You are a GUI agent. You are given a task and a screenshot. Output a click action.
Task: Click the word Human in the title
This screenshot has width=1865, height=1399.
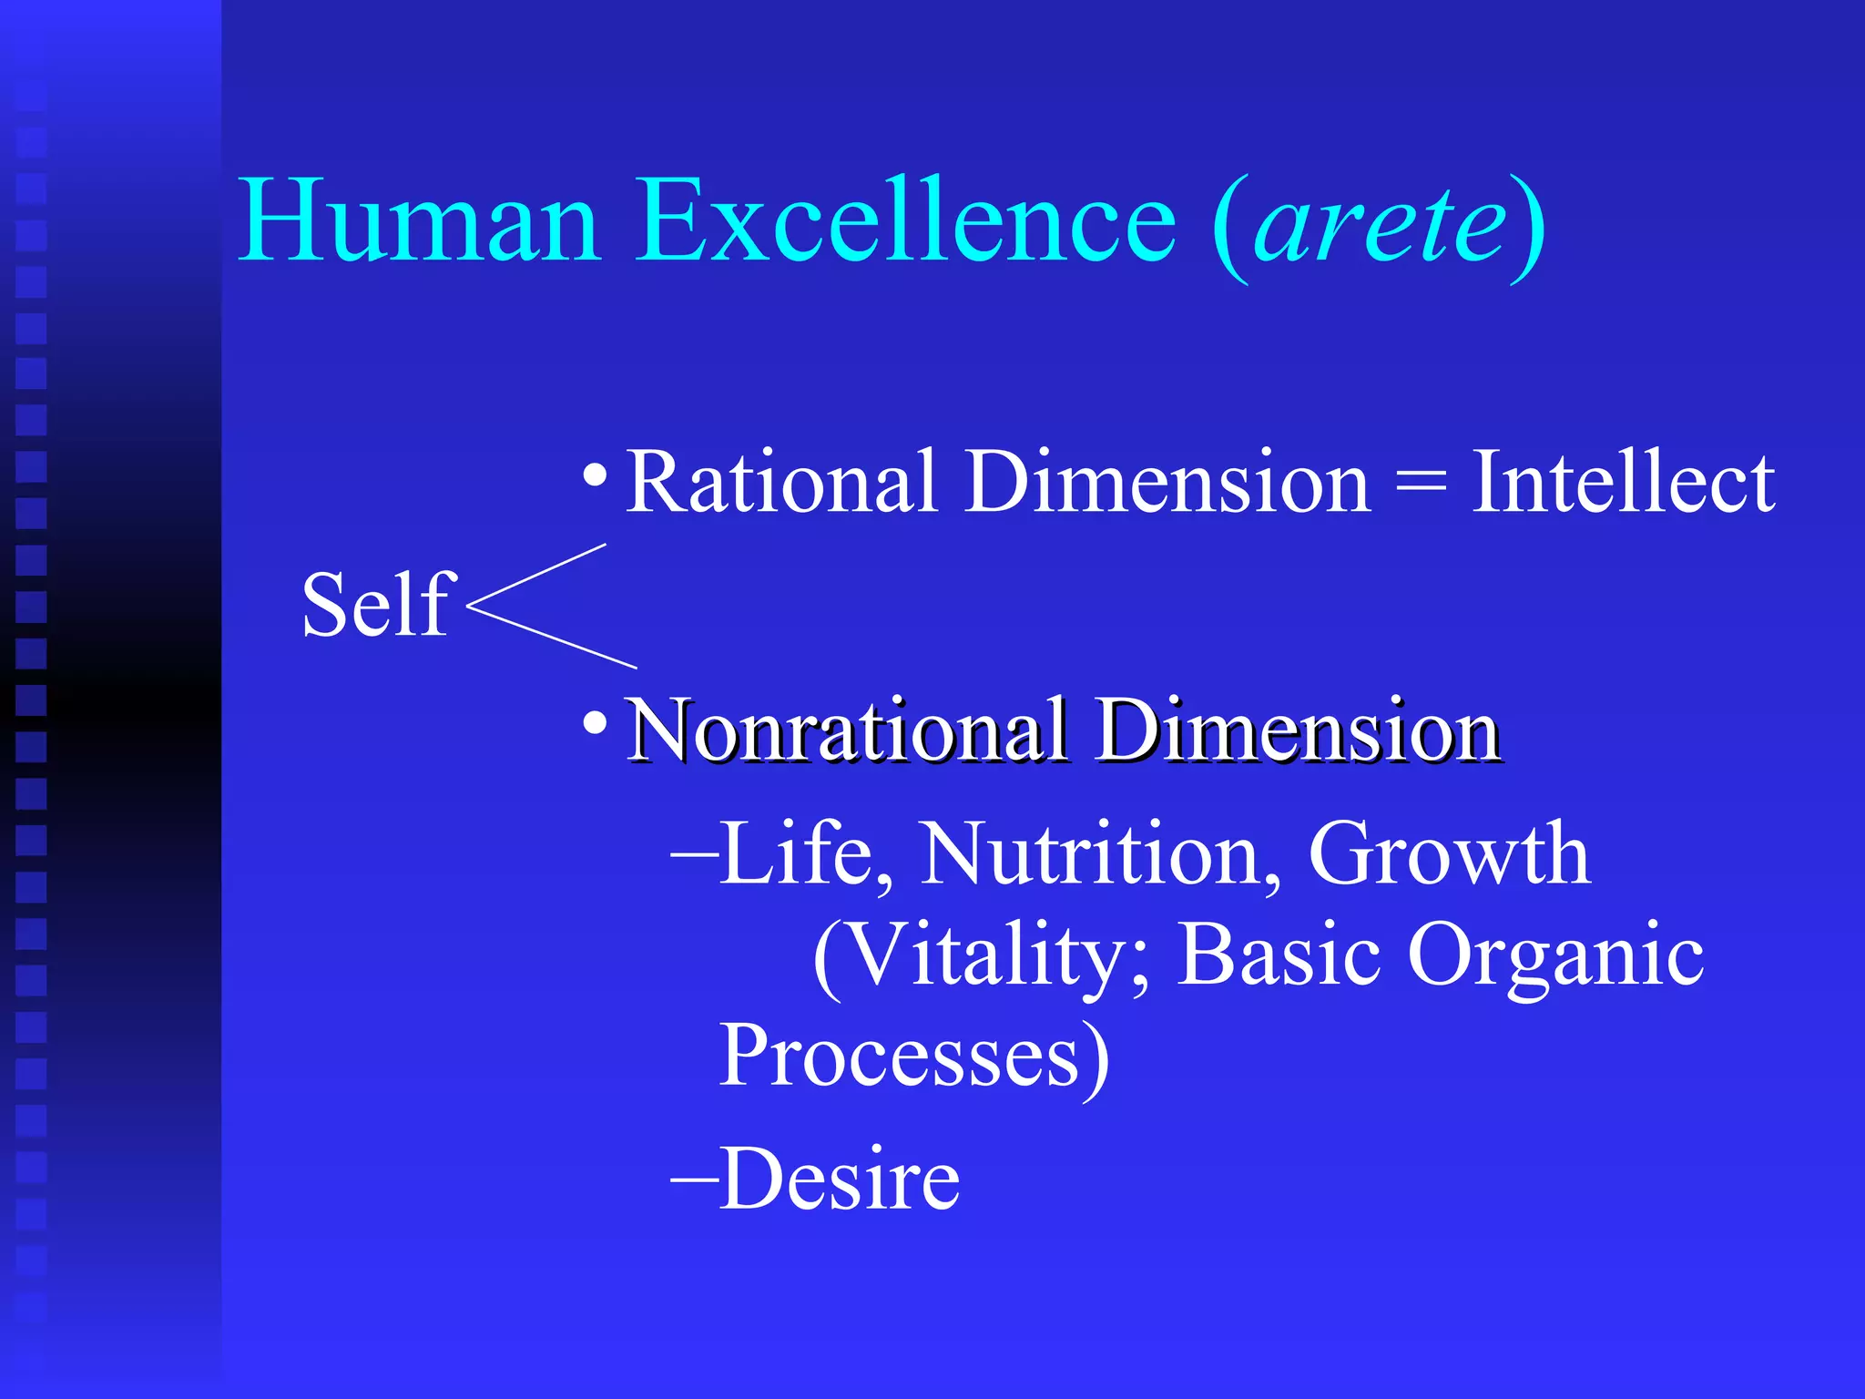pos(419,221)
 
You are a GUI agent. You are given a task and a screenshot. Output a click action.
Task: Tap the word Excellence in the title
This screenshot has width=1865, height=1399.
pos(905,221)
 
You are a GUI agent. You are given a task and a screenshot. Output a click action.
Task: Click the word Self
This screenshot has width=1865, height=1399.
pos(376,605)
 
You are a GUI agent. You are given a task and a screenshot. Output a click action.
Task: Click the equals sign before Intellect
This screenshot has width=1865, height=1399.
pos(1421,484)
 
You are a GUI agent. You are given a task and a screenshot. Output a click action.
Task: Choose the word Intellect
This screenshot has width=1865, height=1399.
pos(1623,482)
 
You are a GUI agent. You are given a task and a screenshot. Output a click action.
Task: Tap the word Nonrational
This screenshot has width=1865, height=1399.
pos(847,730)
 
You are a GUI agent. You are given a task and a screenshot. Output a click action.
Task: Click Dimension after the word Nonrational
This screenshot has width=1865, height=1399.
pos(1297,730)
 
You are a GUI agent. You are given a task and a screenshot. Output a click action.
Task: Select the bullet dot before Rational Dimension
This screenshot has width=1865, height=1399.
pos(595,475)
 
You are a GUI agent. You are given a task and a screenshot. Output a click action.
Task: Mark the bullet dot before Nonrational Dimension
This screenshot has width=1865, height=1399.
pos(595,723)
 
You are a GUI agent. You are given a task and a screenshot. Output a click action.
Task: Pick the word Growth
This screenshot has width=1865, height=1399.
pos(1449,853)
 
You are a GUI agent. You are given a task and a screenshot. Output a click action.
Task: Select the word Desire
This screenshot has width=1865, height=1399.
pos(839,1179)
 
